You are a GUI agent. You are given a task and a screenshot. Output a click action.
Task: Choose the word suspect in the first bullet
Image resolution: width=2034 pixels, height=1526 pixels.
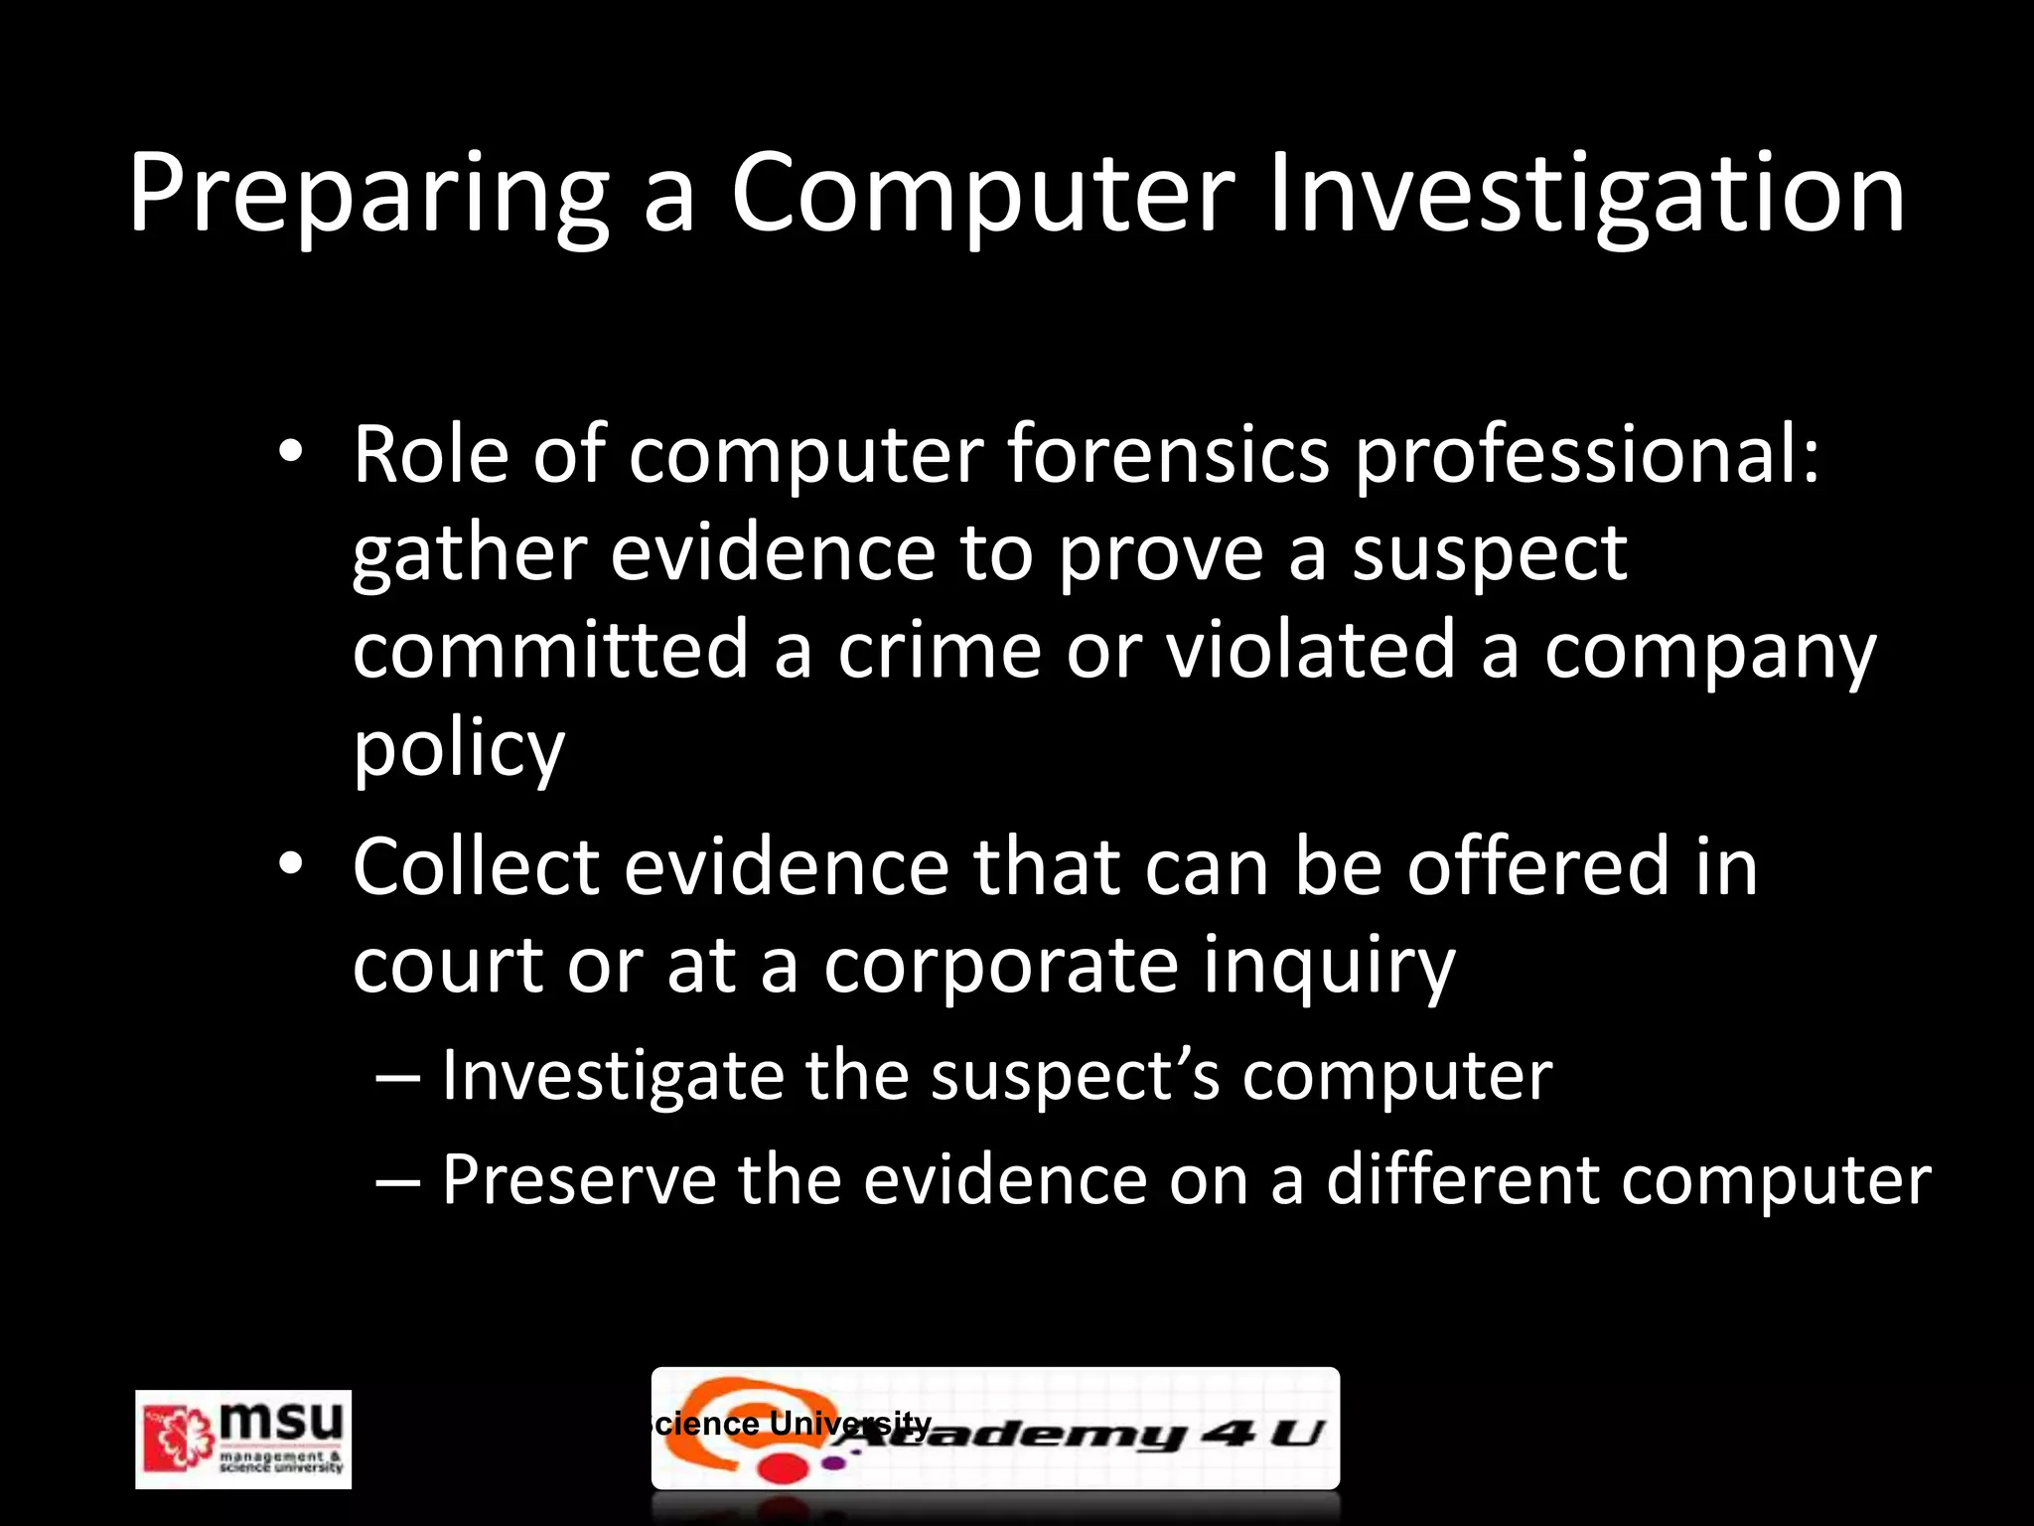1489,554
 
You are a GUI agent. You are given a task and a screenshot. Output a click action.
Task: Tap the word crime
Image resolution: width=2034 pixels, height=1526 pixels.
939,650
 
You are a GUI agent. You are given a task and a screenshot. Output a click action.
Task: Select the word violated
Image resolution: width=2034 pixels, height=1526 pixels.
1310,650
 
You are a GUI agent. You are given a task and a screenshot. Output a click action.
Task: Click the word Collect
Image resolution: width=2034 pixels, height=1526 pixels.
476,866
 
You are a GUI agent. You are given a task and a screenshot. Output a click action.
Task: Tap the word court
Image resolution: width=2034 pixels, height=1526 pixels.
447,965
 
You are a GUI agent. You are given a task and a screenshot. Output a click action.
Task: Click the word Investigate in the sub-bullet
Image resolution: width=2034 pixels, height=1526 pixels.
612,1076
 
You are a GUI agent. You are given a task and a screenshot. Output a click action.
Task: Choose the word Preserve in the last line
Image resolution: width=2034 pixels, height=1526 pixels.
578,1179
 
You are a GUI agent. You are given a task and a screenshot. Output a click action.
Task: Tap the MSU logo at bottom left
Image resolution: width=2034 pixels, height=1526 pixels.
243,1439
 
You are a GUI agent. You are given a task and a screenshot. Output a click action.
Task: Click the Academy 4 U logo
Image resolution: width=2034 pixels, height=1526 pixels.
995,1429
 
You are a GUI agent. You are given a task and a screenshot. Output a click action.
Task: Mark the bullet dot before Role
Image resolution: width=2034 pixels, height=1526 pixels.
289,452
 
